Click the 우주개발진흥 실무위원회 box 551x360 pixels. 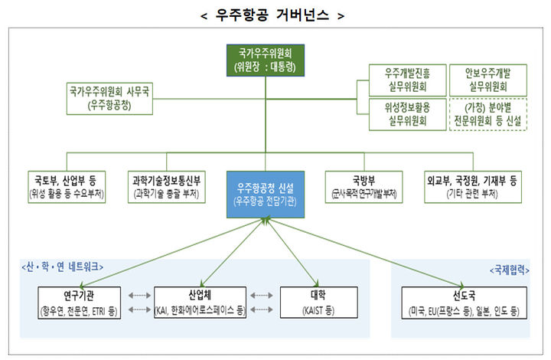pos(403,80)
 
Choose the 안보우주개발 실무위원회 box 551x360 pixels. pos(486,80)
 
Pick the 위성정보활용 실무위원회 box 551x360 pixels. pos(403,113)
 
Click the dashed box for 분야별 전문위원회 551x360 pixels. pos(486,113)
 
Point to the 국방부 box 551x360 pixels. pos(364,187)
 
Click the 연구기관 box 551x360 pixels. pos(80,303)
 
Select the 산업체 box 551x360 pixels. pos(200,303)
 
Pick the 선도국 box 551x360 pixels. pos(463,303)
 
